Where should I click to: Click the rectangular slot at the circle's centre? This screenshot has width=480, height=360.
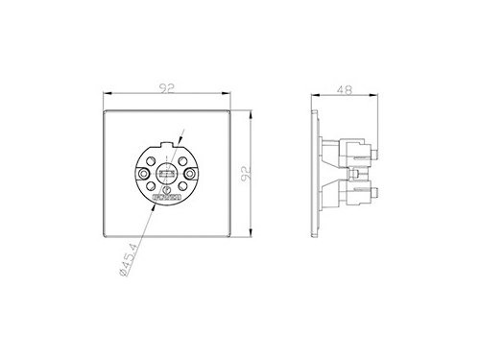(x=165, y=175)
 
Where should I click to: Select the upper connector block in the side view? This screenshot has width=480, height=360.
(x=354, y=151)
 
